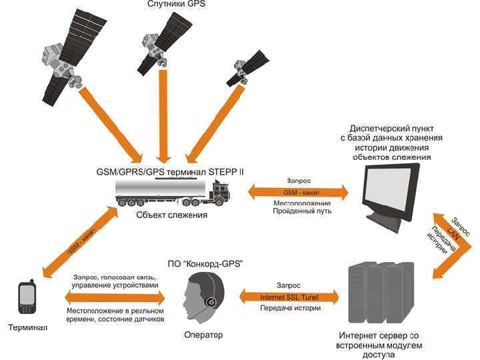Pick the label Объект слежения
point(171,215)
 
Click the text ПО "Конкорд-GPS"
point(205,265)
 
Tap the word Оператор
point(205,334)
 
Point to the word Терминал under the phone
point(27,328)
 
